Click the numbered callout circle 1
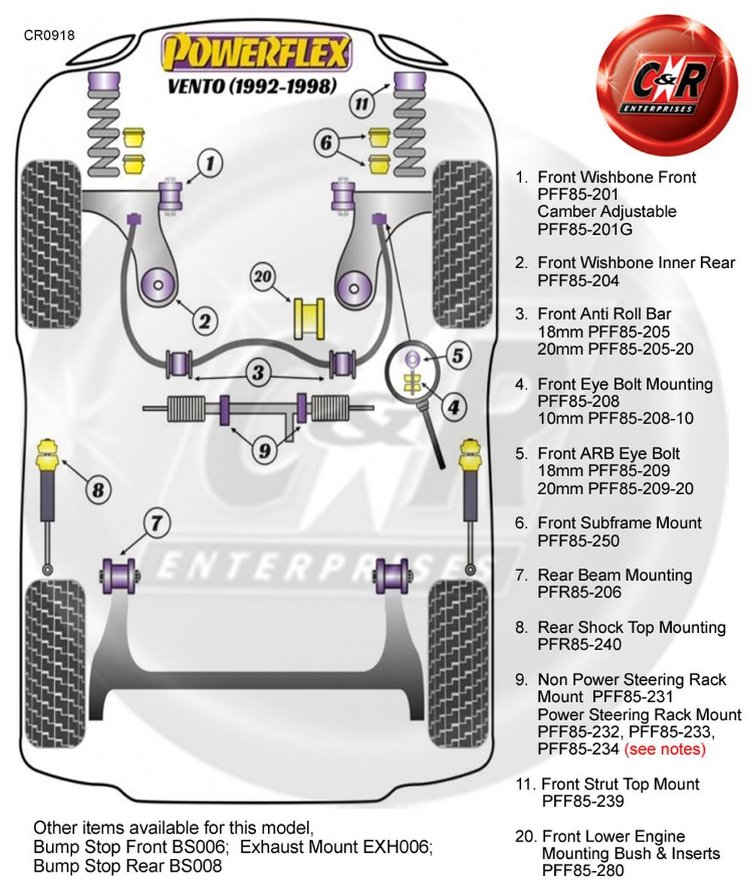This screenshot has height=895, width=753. [x=210, y=163]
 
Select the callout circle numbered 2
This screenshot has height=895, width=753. [x=204, y=322]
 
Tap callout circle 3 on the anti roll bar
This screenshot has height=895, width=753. [x=258, y=373]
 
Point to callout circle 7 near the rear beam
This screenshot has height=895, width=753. [x=157, y=523]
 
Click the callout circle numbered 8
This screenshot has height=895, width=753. [x=98, y=490]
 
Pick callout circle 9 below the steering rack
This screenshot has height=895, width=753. [x=265, y=451]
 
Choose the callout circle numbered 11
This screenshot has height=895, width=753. [x=361, y=104]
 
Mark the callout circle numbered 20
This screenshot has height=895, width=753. [x=262, y=277]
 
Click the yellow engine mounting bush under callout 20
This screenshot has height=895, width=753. [x=309, y=319]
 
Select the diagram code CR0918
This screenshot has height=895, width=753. [x=49, y=35]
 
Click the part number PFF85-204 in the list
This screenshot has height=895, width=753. [x=578, y=281]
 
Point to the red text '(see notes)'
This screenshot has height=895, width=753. [x=665, y=749]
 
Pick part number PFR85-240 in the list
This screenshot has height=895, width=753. [x=579, y=644]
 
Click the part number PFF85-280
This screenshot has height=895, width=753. [x=582, y=870]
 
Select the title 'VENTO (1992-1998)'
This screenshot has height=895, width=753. [x=252, y=86]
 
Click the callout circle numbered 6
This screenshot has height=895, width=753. [x=326, y=142]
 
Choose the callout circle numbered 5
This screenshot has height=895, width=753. [x=458, y=356]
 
